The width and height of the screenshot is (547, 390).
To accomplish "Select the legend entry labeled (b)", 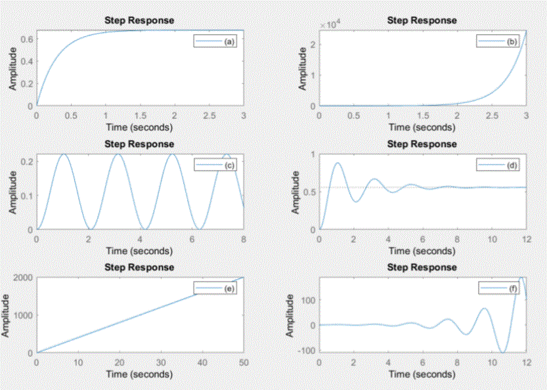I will click(499, 41).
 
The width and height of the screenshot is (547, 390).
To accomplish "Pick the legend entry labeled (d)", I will click(499, 165).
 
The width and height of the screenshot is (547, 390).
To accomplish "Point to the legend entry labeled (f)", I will click(499, 288).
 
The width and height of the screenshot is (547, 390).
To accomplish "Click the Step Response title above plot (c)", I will click(139, 144).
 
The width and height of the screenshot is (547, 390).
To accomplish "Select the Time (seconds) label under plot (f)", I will click(422, 374).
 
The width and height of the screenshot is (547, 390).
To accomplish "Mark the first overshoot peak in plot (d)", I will click(338, 163).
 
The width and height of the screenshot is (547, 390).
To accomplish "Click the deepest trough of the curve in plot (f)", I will click(502, 352).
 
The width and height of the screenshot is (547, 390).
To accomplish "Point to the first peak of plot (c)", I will click(64, 154).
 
